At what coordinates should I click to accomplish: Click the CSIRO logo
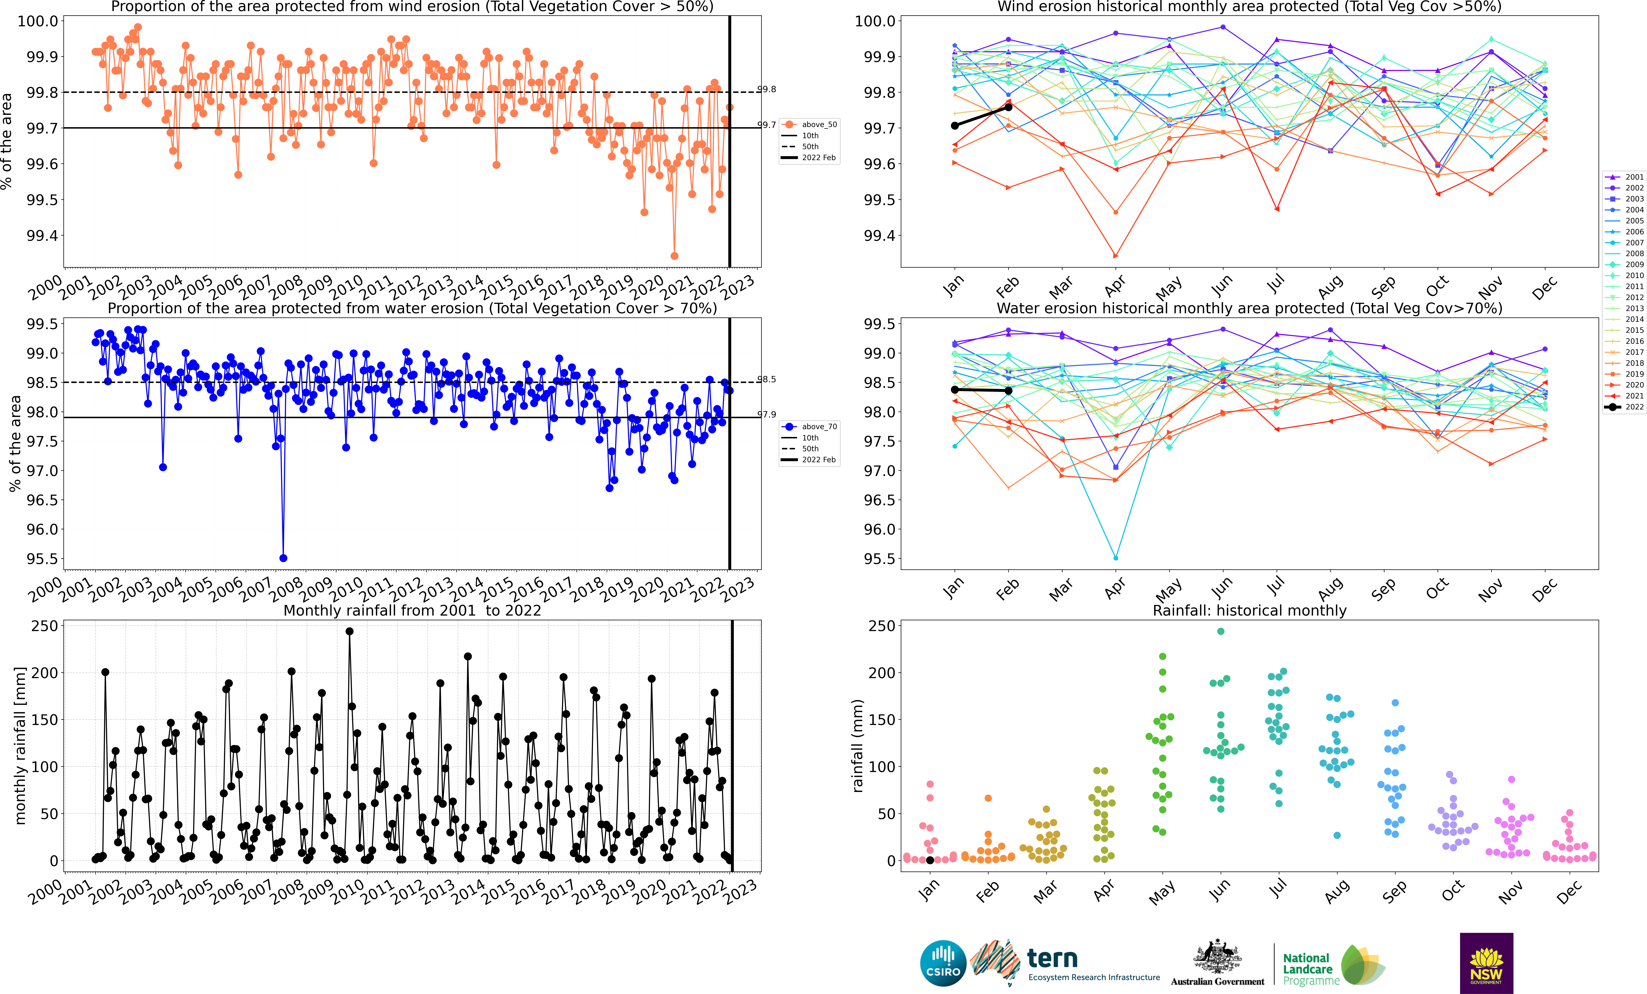tap(943, 963)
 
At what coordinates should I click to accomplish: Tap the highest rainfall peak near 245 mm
tap(350, 631)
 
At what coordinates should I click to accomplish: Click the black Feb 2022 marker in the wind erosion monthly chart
tap(1009, 107)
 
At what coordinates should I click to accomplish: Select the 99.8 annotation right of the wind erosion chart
tap(767, 89)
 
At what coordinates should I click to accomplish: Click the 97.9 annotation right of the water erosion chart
tap(767, 415)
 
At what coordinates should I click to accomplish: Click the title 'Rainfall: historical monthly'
tap(1249, 610)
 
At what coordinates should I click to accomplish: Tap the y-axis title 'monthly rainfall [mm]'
tap(20, 745)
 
